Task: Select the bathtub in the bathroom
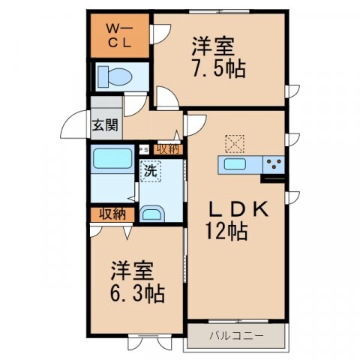click(x=112, y=160)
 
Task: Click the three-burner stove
click(x=272, y=164)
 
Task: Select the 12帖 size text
click(x=227, y=230)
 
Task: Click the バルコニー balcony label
click(x=235, y=334)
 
